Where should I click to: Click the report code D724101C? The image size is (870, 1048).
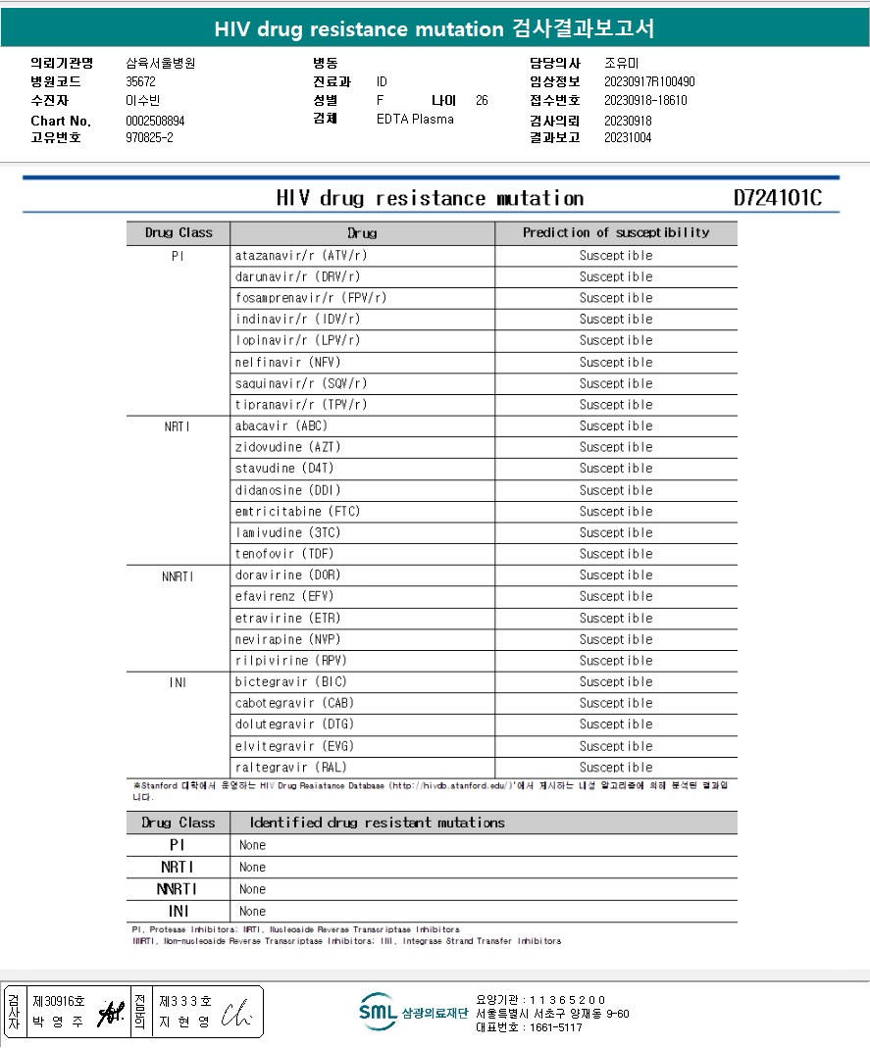click(777, 198)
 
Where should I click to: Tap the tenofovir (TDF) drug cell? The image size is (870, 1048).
click(285, 554)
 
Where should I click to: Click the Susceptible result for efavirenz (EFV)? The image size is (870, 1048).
click(615, 596)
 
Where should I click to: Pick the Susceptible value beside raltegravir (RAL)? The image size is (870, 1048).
click(615, 768)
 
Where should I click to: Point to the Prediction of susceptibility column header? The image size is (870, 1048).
click(615, 233)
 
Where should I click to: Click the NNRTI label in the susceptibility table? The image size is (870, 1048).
click(178, 575)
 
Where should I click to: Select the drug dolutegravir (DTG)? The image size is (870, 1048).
click(294, 724)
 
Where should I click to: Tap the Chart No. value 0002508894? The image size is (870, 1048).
click(155, 121)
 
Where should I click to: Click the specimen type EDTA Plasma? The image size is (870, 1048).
click(415, 120)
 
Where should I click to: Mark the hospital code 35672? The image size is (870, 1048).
click(141, 82)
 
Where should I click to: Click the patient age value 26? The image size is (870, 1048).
click(482, 100)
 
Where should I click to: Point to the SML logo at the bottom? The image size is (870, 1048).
click(377, 1012)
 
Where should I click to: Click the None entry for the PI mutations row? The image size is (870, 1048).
click(252, 845)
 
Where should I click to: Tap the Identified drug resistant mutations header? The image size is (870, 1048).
click(377, 823)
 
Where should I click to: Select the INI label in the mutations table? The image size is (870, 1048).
click(178, 912)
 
